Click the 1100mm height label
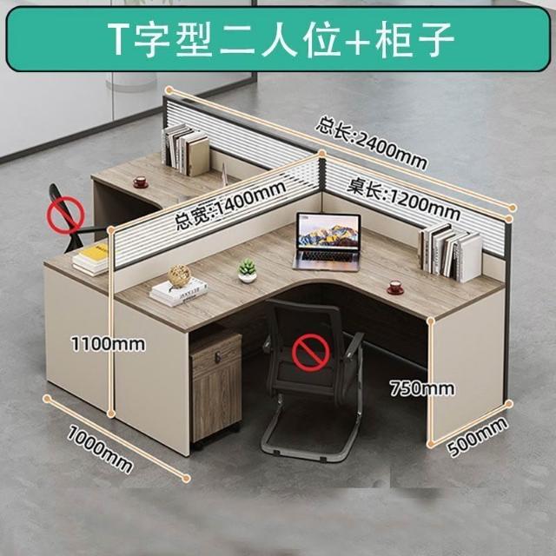(103, 343)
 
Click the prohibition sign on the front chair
(308, 353)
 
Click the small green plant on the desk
(248, 270)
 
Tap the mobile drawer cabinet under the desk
(216, 387)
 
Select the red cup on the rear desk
(140, 182)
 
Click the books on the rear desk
(186, 149)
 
